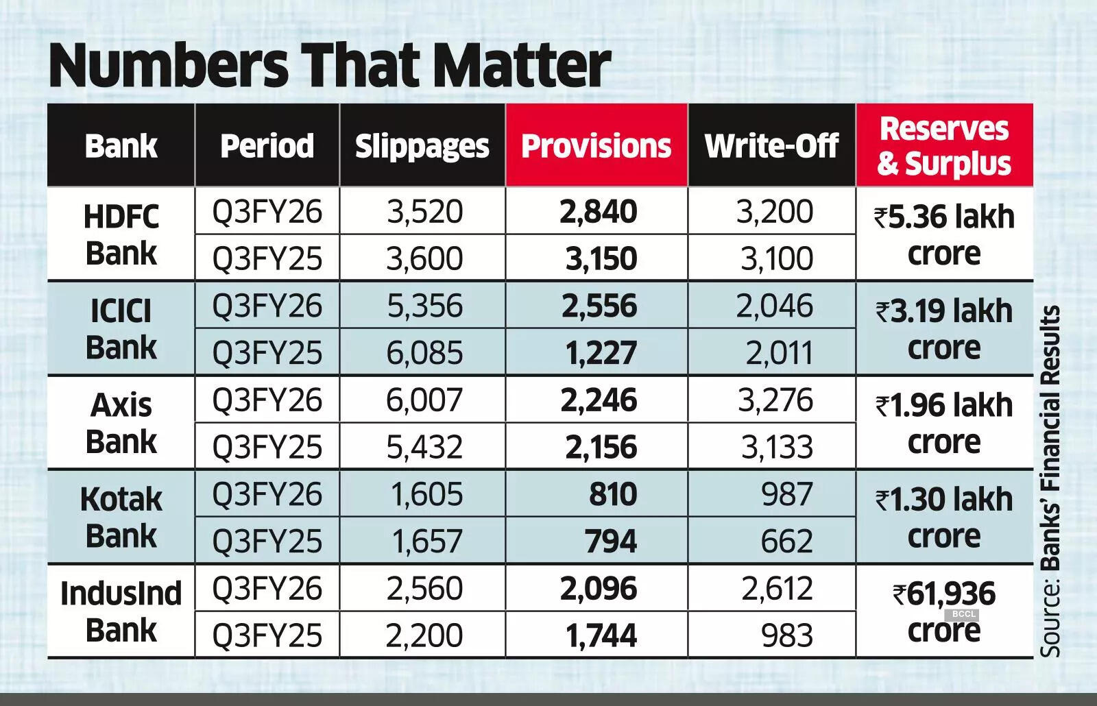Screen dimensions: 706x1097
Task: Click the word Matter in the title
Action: click(521, 65)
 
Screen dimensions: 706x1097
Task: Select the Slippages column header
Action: click(422, 146)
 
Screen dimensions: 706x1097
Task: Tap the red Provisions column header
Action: click(596, 146)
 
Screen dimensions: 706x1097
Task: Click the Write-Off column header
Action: click(771, 146)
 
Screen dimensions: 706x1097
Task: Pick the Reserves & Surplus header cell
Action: click(944, 146)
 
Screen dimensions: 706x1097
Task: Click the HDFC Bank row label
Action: click(121, 234)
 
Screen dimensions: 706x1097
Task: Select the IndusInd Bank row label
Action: click(121, 611)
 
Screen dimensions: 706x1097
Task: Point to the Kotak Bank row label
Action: click(121, 518)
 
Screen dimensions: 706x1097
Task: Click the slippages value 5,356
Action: click(424, 306)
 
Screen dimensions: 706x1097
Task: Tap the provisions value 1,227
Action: click(601, 353)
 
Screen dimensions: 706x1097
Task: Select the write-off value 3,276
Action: click(775, 400)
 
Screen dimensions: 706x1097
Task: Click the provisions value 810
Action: click(612, 494)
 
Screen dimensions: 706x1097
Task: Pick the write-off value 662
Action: click(786, 541)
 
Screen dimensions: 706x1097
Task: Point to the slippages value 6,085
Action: click(424, 353)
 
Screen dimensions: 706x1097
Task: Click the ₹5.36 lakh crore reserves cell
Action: click(944, 234)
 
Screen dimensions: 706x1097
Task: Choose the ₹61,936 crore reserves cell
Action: click(944, 611)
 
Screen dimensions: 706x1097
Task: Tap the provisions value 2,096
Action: click(599, 589)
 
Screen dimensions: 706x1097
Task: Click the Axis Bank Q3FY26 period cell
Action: click(267, 400)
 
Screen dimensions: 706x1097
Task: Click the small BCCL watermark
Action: click(963, 614)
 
